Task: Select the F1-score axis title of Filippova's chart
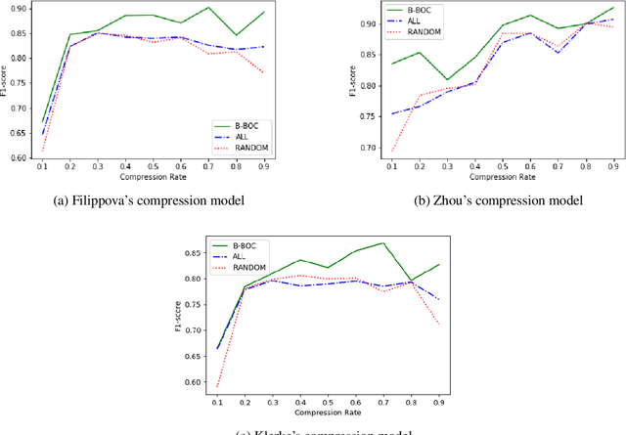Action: click(x=7, y=86)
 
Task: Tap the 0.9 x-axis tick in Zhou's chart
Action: click(x=614, y=167)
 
